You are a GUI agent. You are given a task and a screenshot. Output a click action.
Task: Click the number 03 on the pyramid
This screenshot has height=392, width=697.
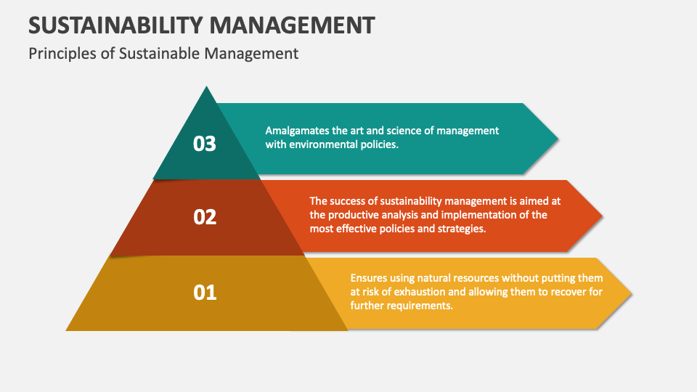(205, 144)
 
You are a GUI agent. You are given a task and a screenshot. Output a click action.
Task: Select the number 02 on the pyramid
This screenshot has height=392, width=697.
(205, 216)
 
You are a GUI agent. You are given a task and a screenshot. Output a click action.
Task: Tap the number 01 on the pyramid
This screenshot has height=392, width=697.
(205, 293)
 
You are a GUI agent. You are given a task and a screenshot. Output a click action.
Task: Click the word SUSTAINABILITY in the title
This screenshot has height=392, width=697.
(115, 25)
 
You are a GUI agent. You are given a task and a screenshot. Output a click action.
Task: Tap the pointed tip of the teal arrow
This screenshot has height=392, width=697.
(557, 138)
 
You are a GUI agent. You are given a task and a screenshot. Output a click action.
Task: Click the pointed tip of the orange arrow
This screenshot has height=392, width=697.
(601, 216)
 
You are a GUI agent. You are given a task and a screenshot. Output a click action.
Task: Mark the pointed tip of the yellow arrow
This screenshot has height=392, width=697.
(630, 293)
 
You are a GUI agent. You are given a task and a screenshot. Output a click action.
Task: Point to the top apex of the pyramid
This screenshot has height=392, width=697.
(207, 88)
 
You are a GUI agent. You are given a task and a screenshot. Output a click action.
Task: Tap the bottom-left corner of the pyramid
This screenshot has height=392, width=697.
(68, 330)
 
